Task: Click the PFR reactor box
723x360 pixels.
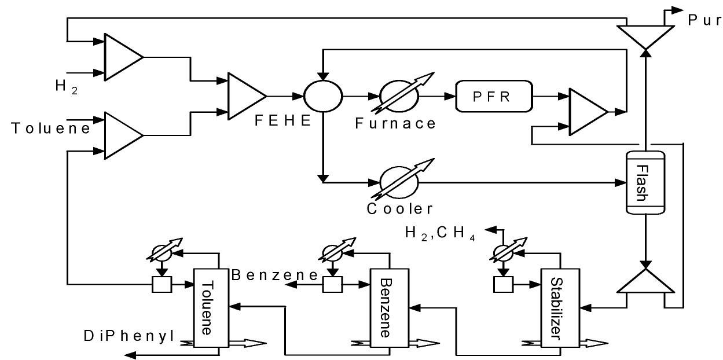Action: (x=494, y=96)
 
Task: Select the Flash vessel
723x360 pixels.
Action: (x=645, y=182)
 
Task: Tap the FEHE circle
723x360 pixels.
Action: (x=323, y=96)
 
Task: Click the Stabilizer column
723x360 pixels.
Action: (x=560, y=308)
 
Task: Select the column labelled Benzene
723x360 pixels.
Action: (x=389, y=308)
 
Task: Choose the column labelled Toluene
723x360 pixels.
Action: (x=211, y=308)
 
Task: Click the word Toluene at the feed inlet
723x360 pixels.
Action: (x=51, y=128)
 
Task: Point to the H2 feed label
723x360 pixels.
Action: (x=66, y=87)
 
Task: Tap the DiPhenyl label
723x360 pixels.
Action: (x=129, y=336)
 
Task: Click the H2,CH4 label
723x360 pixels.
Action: (x=440, y=233)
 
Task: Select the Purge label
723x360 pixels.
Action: (x=705, y=20)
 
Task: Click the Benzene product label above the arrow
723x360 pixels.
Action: (x=275, y=275)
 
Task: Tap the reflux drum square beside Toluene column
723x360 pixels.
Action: (x=162, y=285)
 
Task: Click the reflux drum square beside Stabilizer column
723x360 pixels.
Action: (x=503, y=285)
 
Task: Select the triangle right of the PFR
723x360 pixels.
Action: (x=588, y=112)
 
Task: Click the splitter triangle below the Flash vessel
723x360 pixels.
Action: (x=645, y=281)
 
